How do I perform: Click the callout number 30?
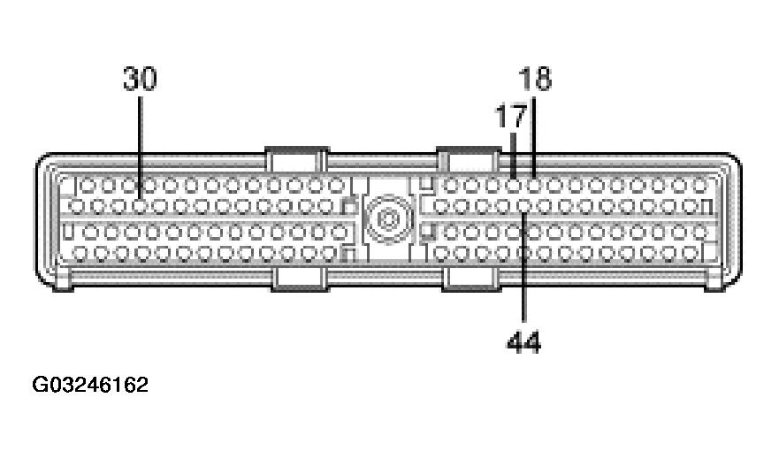pos(140,80)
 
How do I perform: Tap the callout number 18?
pos(534,80)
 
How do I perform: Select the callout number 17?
pos(510,115)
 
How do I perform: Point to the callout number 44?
pos(523,340)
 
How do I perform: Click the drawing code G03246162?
pos(90,386)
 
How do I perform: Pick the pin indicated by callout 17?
pos(515,186)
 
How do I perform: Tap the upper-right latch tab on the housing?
pos(469,160)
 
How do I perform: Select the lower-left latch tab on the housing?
pos(300,279)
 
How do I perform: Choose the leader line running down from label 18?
pos(535,133)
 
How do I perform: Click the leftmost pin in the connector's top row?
pos(87,186)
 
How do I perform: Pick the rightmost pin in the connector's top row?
pos(698,186)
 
